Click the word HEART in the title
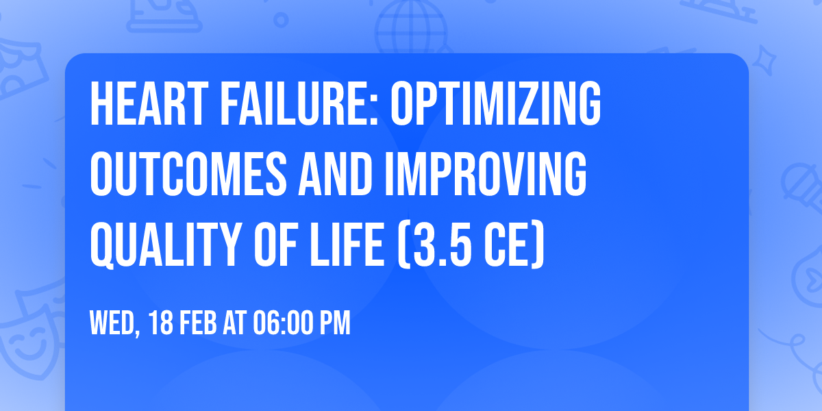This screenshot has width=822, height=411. coord(149,104)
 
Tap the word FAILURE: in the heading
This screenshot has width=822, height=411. coord(299,104)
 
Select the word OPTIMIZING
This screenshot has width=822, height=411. coord(495,104)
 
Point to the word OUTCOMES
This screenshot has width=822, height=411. coord(188,174)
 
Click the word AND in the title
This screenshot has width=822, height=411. coord(336,174)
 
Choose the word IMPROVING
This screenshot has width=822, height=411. coord(486,174)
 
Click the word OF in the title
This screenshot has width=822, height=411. coord(275,245)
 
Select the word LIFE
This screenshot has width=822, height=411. coord(347,245)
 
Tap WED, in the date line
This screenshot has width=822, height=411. coord(115,323)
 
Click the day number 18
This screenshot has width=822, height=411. coord(161,323)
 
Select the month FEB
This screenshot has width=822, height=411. coord(198,323)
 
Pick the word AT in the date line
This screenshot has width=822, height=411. coord(234,323)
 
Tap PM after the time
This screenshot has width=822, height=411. coord(335,323)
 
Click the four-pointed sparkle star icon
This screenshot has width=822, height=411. coord(764,60)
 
